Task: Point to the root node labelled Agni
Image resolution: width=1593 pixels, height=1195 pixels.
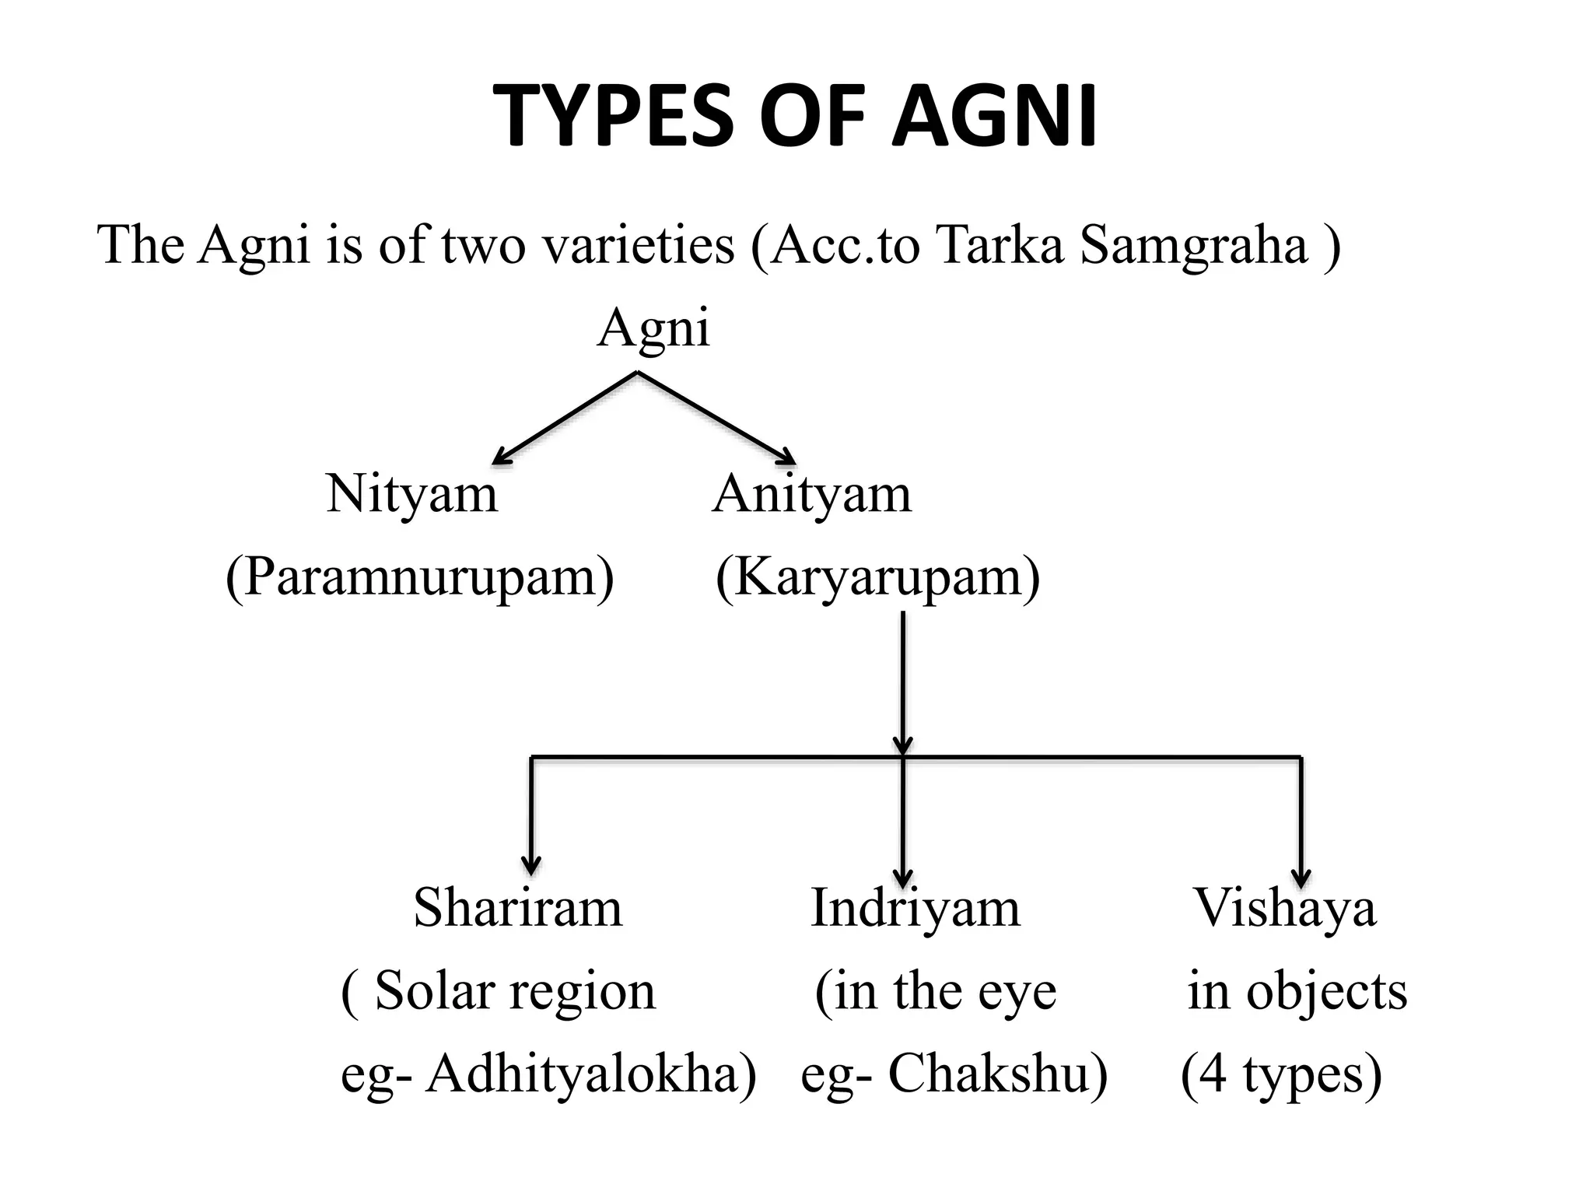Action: pos(653,328)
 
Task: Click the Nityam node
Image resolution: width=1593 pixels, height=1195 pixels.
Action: pos(411,494)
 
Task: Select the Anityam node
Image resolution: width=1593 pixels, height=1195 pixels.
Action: pos(811,494)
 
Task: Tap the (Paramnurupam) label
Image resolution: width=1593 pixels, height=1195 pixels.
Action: pos(419,577)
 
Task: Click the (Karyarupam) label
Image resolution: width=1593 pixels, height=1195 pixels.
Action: pos(877,577)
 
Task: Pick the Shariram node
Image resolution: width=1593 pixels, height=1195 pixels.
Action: pos(518,908)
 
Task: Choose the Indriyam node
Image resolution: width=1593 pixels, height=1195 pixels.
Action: pos(915,908)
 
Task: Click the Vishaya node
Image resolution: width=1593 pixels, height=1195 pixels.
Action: pos(1285,908)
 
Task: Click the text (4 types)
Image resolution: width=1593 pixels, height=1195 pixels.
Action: pos(1281,1075)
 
